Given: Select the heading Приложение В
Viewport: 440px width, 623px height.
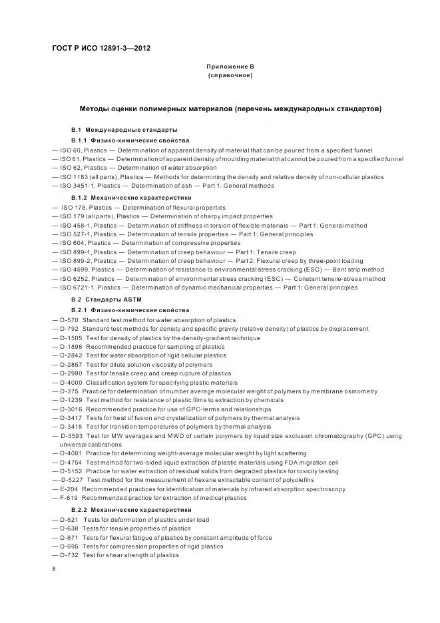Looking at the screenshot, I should click(x=230, y=67).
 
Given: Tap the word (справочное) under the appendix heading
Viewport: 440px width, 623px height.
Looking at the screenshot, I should click(x=230, y=76).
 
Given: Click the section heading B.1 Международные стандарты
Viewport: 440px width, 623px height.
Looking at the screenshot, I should click(x=124, y=129).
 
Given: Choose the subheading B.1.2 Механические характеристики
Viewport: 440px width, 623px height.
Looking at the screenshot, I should click(x=131, y=198).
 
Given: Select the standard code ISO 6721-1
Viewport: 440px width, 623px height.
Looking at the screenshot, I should click(x=78, y=288).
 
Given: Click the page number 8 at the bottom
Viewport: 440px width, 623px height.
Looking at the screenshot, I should click(x=53, y=569).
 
